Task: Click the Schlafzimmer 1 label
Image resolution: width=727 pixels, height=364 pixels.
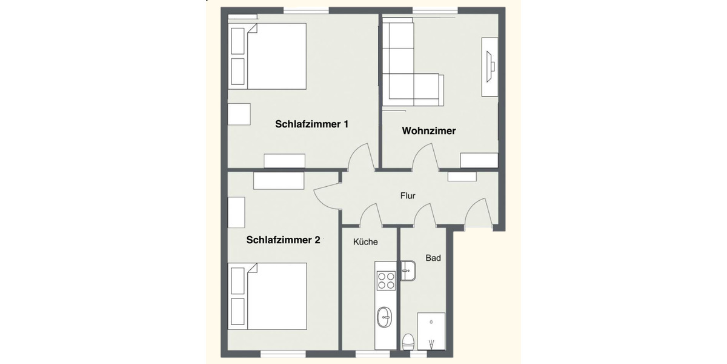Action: pos(311,124)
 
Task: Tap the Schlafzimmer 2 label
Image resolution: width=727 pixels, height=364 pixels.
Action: pos(283,240)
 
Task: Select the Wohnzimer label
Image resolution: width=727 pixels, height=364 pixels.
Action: pos(429,130)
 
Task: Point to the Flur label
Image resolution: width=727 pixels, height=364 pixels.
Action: pos(408,196)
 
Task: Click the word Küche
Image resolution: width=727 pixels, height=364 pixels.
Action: pos(365,242)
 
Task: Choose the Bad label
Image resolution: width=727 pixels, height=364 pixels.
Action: pos(433,258)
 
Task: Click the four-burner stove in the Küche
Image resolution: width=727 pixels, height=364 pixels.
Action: pos(386,280)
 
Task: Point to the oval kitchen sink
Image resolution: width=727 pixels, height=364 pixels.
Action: pos(385,317)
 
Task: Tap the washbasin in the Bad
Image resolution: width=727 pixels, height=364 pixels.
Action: pos(408,270)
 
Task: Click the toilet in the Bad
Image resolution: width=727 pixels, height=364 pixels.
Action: pos(408,341)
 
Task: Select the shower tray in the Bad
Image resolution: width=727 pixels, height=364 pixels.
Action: pos(431,331)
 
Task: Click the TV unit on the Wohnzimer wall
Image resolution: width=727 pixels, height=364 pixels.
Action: pos(490,66)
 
